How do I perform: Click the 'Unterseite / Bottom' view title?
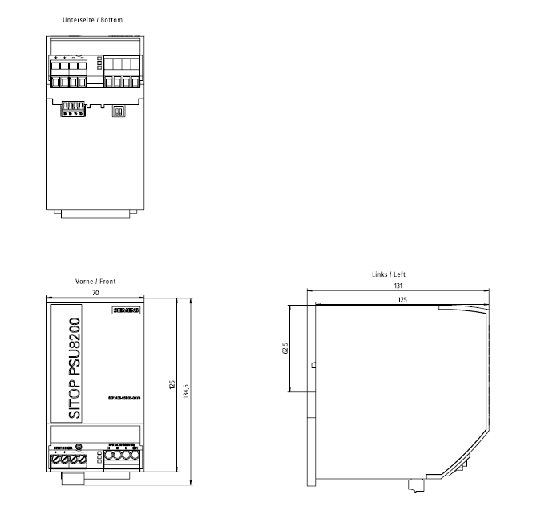click(92, 18)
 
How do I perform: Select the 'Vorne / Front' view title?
click(95, 282)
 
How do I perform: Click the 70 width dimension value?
click(95, 294)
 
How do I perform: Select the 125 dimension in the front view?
click(172, 386)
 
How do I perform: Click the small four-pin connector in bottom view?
click(74, 108)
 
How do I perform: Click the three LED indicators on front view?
click(99, 459)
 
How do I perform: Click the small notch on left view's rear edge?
click(312, 365)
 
